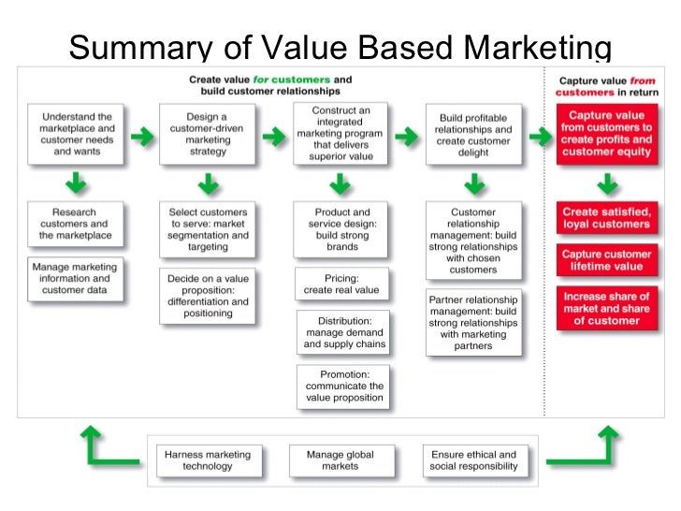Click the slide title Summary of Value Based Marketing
tap(340, 47)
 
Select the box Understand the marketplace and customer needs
tap(76, 133)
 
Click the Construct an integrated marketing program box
tap(340, 133)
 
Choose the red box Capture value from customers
tap(606, 133)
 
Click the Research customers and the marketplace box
tap(75, 224)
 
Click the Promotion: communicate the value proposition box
tap(343, 386)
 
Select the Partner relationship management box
tap(473, 322)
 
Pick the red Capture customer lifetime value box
tap(605, 260)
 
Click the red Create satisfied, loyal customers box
tap(605, 218)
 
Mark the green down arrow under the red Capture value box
tap(605, 182)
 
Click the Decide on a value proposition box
tap(207, 296)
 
